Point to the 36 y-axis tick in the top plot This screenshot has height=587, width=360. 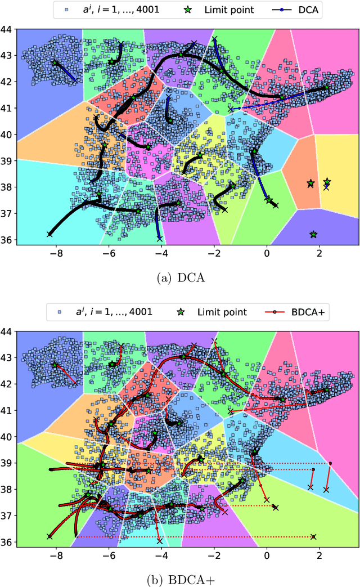point(7,240)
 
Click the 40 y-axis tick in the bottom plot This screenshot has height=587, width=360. point(7,436)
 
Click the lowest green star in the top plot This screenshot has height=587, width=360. point(313,234)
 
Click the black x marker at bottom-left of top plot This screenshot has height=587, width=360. point(49,234)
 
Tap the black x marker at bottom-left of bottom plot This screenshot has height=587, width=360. point(49,536)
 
